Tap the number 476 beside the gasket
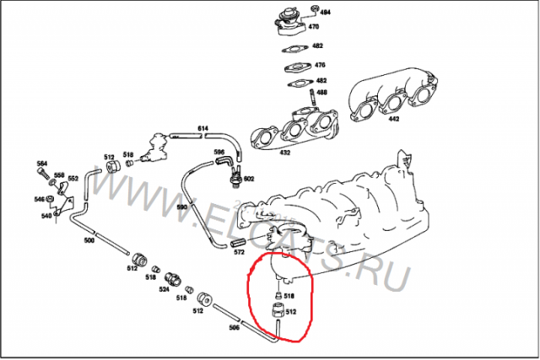point(319,65)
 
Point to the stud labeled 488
point(321,92)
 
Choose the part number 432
point(284,153)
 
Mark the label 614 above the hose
point(202,127)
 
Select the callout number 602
point(248,179)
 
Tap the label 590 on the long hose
point(181,206)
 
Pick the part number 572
point(239,252)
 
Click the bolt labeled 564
point(42,163)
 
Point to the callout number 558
point(59,175)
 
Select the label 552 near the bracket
point(73,179)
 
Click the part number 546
point(39,199)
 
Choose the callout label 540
point(46,216)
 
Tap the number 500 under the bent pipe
point(89,240)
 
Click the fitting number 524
point(165,288)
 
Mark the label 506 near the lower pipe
point(234,327)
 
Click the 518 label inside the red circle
point(288,296)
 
